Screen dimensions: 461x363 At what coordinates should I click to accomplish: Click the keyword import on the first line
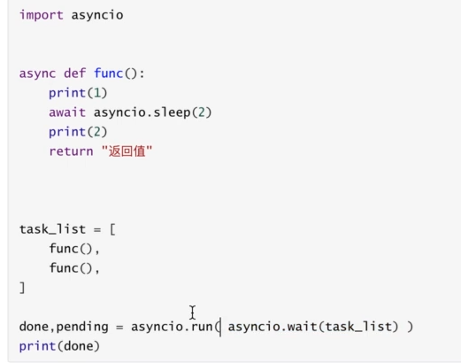[42, 15]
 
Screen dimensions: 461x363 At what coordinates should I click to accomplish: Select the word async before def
[37, 73]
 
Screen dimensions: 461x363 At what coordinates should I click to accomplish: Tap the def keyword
[75, 73]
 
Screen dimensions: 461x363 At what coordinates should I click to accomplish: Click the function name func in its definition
[108, 73]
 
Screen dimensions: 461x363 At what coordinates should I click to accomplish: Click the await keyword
[67, 112]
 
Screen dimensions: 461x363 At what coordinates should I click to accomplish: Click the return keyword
[71, 151]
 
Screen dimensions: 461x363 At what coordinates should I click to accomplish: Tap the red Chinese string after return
[127, 151]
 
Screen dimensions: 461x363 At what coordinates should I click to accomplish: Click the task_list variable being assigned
[52, 229]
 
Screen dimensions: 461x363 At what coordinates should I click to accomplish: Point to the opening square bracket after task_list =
[112, 229]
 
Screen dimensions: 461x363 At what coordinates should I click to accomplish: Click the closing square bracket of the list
[22, 288]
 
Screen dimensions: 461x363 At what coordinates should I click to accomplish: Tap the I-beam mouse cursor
[193, 313]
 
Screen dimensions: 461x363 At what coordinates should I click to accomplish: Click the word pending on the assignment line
[82, 328]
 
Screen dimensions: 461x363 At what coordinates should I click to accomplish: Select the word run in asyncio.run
[202, 327]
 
